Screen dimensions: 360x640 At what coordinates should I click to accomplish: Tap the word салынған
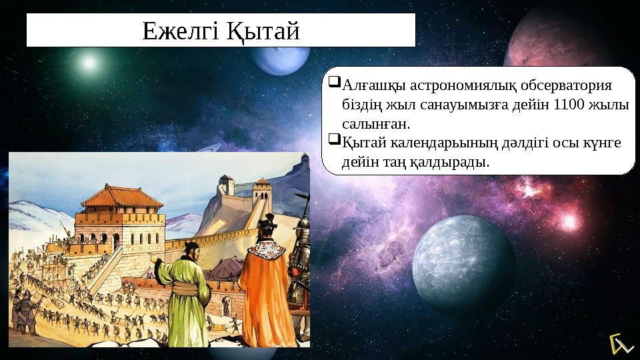(x=376, y=124)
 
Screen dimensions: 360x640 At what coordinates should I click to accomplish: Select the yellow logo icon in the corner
(x=620, y=344)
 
